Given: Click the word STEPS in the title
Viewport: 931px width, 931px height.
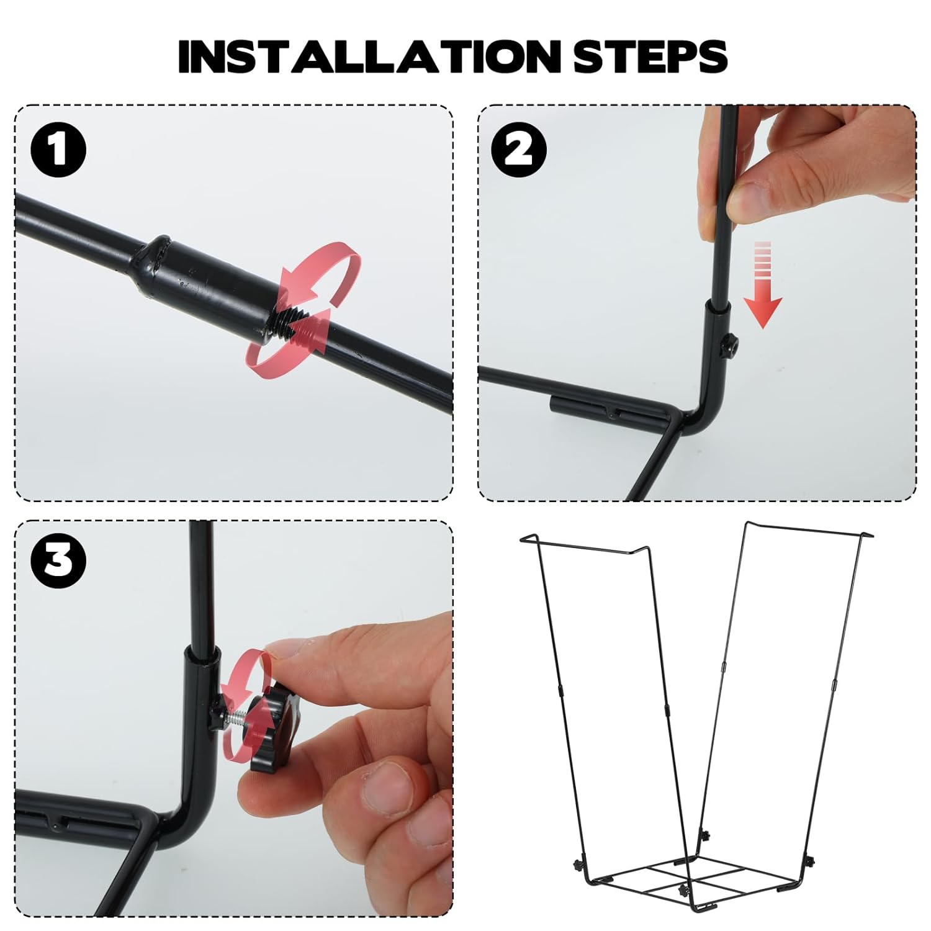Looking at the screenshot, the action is point(650,56).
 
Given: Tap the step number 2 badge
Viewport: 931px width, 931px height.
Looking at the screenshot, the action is point(519,150).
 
